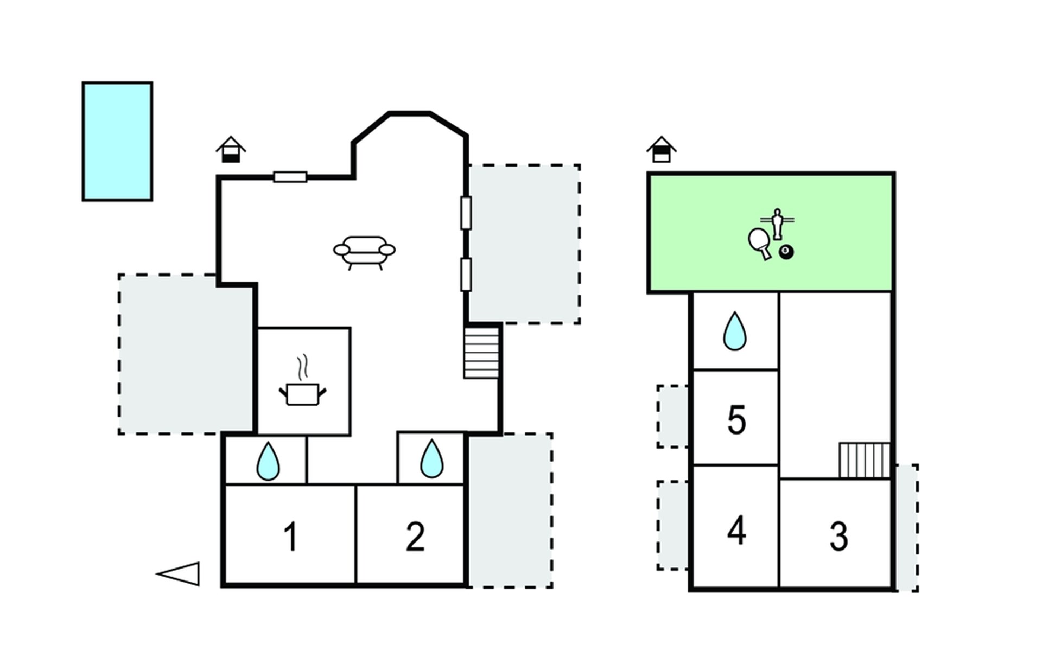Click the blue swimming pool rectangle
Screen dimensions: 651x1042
(x=117, y=142)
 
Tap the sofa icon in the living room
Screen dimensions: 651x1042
(x=364, y=251)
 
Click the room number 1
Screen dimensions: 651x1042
(x=291, y=537)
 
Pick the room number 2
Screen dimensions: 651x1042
(x=415, y=537)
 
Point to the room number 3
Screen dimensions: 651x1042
(x=838, y=537)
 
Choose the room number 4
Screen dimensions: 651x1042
(x=736, y=531)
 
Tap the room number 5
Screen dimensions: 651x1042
(x=736, y=420)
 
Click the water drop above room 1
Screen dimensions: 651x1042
(x=268, y=462)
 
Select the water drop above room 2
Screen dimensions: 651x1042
(x=431, y=459)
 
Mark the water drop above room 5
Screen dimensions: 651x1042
(x=735, y=331)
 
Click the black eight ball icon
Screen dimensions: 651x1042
(x=786, y=252)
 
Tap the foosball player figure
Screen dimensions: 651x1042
(x=778, y=223)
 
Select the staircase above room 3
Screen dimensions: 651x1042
(x=865, y=460)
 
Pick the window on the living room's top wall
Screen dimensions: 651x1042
(x=290, y=177)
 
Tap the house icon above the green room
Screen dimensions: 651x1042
(x=662, y=150)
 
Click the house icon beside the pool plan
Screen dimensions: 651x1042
(x=231, y=150)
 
